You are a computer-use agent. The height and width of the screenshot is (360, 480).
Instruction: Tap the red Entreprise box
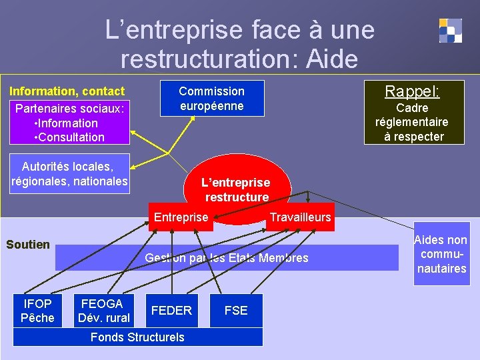(x=181, y=217)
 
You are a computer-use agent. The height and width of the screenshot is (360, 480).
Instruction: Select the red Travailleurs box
(x=300, y=217)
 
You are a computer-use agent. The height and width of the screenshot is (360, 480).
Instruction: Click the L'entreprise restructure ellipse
(x=237, y=188)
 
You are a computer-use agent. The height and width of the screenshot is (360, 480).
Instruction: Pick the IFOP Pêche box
(x=37, y=311)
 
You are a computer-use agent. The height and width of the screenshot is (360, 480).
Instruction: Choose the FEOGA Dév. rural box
(x=103, y=311)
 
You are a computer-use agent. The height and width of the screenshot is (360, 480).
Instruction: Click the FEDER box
(x=171, y=311)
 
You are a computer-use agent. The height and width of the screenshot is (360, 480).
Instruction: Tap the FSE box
(x=236, y=311)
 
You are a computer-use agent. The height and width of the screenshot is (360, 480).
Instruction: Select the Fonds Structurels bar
(x=137, y=337)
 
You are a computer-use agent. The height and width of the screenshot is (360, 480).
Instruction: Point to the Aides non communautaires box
(x=441, y=254)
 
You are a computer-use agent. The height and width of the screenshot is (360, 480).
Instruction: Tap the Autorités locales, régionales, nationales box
(x=69, y=174)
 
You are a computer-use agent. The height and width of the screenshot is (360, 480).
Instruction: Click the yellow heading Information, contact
(x=67, y=91)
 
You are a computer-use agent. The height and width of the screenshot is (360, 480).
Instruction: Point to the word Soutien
(x=28, y=245)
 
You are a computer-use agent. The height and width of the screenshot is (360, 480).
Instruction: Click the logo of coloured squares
(x=450, y=31)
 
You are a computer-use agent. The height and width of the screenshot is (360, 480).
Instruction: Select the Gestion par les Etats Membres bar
(x=227, y=258)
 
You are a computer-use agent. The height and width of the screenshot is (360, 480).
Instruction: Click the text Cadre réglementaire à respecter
(x=413, y=122)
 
